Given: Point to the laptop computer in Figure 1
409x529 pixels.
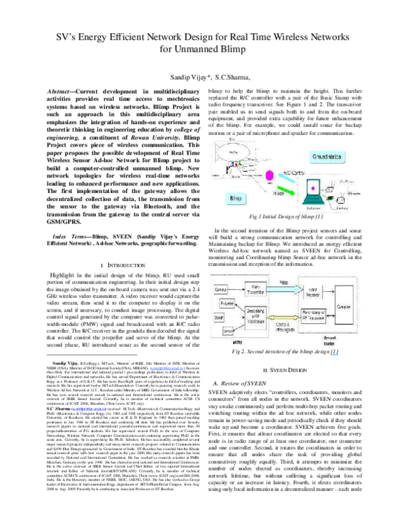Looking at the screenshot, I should [x=312, y=191].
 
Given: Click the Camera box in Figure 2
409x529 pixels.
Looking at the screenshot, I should [x=219, y=290].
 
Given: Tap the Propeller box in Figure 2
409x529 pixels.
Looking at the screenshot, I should [x=227, y=303].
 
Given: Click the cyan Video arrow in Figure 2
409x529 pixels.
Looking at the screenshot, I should [x=282, y=290].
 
